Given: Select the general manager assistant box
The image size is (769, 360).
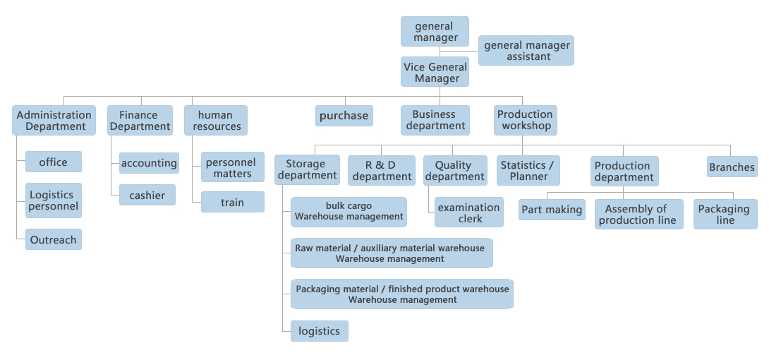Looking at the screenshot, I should tap(526, 51).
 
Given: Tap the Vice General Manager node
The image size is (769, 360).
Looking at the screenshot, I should tap(436, 73).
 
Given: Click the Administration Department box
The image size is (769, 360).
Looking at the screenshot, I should tap(54, 121).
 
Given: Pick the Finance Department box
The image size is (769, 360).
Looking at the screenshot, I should tap(140, 121).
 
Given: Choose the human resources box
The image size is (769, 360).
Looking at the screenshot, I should tap(215, 121).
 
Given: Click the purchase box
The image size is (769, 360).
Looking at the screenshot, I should tap(344, 116).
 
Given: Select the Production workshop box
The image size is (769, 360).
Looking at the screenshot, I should tap(525, 120).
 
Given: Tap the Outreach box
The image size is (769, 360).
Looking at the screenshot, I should tap(53, 240).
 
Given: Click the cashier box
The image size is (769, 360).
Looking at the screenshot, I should tap(147, 196).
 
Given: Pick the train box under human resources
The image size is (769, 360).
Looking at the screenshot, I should tap(232, 203).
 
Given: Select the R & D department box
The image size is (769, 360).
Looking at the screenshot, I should tap(382, 171).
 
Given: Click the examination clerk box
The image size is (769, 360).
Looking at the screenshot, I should tap(469, 213).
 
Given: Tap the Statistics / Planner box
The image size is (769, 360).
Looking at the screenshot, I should tap(528, 171).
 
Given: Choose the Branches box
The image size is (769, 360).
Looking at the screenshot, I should tap(732, 167).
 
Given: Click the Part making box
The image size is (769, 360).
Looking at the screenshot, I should tap(552, 210).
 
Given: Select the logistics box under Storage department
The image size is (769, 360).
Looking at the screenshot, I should tap(319, 331).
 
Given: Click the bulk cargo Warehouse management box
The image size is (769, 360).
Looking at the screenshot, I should tap(349, 212).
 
